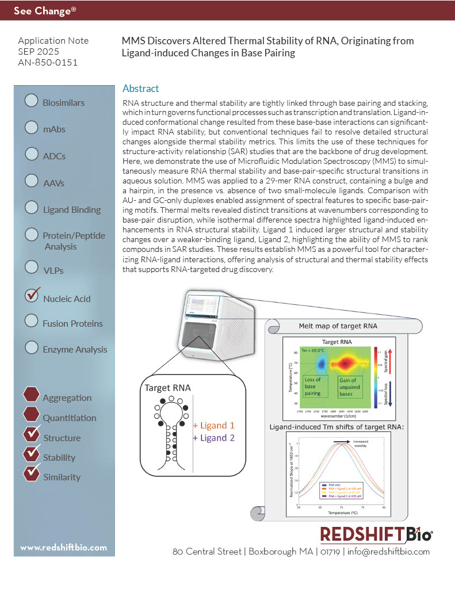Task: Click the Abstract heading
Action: tap(140, 89)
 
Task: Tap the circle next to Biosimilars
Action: tap(32, 101)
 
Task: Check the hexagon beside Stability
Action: tap(32, 455)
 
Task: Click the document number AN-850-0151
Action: tap(48, 62)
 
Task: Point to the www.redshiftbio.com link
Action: tap(63, 548)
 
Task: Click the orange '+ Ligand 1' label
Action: tap(213, 426)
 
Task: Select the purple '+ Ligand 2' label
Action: tap(213, 438)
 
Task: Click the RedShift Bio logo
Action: tap(376, 534)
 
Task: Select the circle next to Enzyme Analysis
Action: tap(32, 347)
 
